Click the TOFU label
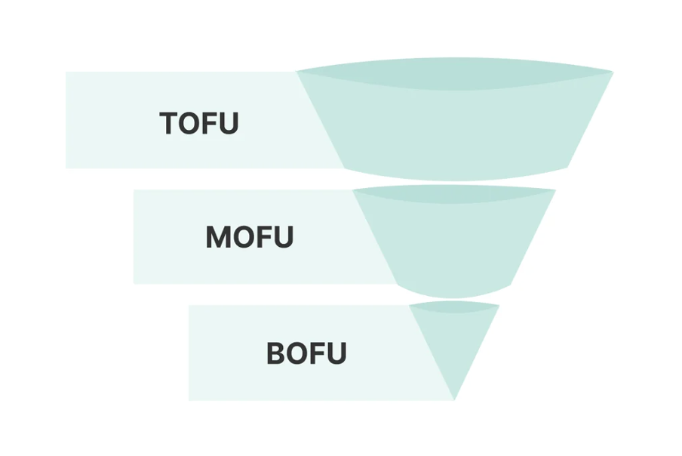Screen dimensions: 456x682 (x=199, y=123)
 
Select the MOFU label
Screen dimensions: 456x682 (x=249, y=238)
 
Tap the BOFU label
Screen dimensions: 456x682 (x=306, y=353)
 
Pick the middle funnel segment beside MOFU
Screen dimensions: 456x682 (x=455, y=242)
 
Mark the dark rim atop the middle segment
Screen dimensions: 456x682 (x=454, y=194)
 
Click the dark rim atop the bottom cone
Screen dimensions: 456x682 (x=454, y=307)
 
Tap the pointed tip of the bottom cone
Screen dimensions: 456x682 (x=454, y=397)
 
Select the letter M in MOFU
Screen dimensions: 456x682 (x=218, y=238)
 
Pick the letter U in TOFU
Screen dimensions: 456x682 (x=229, y=123)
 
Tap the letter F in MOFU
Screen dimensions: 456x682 (x=262, y=238)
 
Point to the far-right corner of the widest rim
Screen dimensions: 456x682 (x=611, y=72)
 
